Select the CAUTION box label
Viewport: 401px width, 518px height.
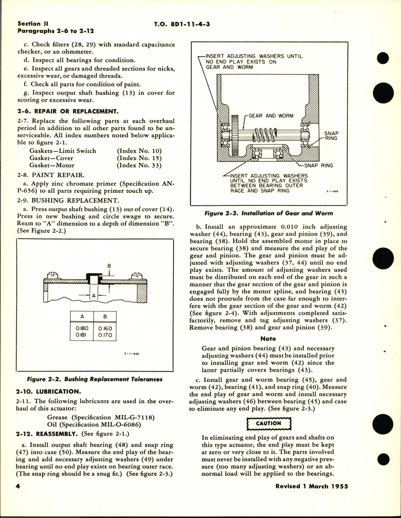(268, 423)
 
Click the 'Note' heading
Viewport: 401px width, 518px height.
(268, 339)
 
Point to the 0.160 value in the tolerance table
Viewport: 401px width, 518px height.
(105, 328)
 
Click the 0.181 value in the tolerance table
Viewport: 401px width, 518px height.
(82, 335)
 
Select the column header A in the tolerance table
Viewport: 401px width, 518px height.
(82, 317)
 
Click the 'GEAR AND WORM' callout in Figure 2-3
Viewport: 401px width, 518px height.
(271, 116)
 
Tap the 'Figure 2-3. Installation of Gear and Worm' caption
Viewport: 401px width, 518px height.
(268, 213)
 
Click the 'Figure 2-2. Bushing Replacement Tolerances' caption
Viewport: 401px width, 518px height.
(95, 379)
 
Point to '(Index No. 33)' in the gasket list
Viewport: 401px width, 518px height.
(139, 165)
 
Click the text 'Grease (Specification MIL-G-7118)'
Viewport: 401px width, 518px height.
(100, 417)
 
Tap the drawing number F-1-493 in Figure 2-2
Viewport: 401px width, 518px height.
(132, 354)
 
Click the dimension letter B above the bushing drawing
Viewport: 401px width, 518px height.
(109, 266)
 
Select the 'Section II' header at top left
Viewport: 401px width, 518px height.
(29, 24)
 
